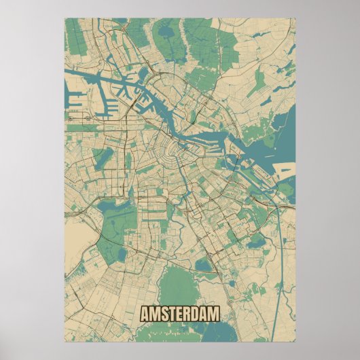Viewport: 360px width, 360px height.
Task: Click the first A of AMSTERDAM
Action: click(x=144, y=314)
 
